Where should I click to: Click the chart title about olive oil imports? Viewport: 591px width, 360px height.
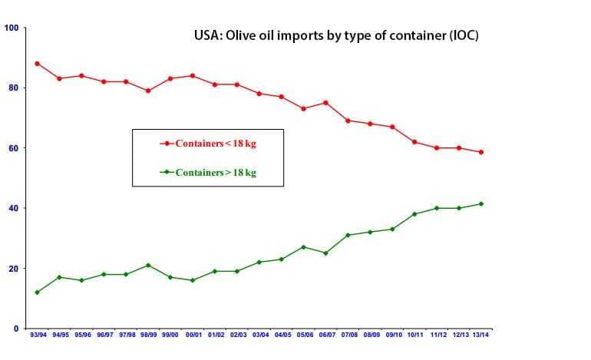335,35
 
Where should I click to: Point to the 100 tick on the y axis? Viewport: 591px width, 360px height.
12,28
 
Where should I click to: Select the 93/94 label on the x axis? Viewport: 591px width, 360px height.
38,335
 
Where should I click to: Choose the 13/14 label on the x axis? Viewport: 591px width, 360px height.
481,335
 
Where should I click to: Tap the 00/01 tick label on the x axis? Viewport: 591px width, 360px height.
193,335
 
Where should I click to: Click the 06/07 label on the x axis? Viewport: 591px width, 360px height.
326,335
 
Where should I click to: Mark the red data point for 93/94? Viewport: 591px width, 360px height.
37,64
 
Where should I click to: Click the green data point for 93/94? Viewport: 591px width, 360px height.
37,292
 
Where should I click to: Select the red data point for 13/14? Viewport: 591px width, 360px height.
481,152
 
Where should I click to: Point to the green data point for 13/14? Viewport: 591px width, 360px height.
481,203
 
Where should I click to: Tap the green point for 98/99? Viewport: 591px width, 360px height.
148,266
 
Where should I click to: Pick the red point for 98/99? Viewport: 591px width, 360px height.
148,91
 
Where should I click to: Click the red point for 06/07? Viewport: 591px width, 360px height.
326,103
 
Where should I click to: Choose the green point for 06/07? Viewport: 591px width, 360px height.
326,253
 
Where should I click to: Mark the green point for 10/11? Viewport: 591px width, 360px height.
414,214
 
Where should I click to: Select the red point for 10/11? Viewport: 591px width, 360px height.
414,142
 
